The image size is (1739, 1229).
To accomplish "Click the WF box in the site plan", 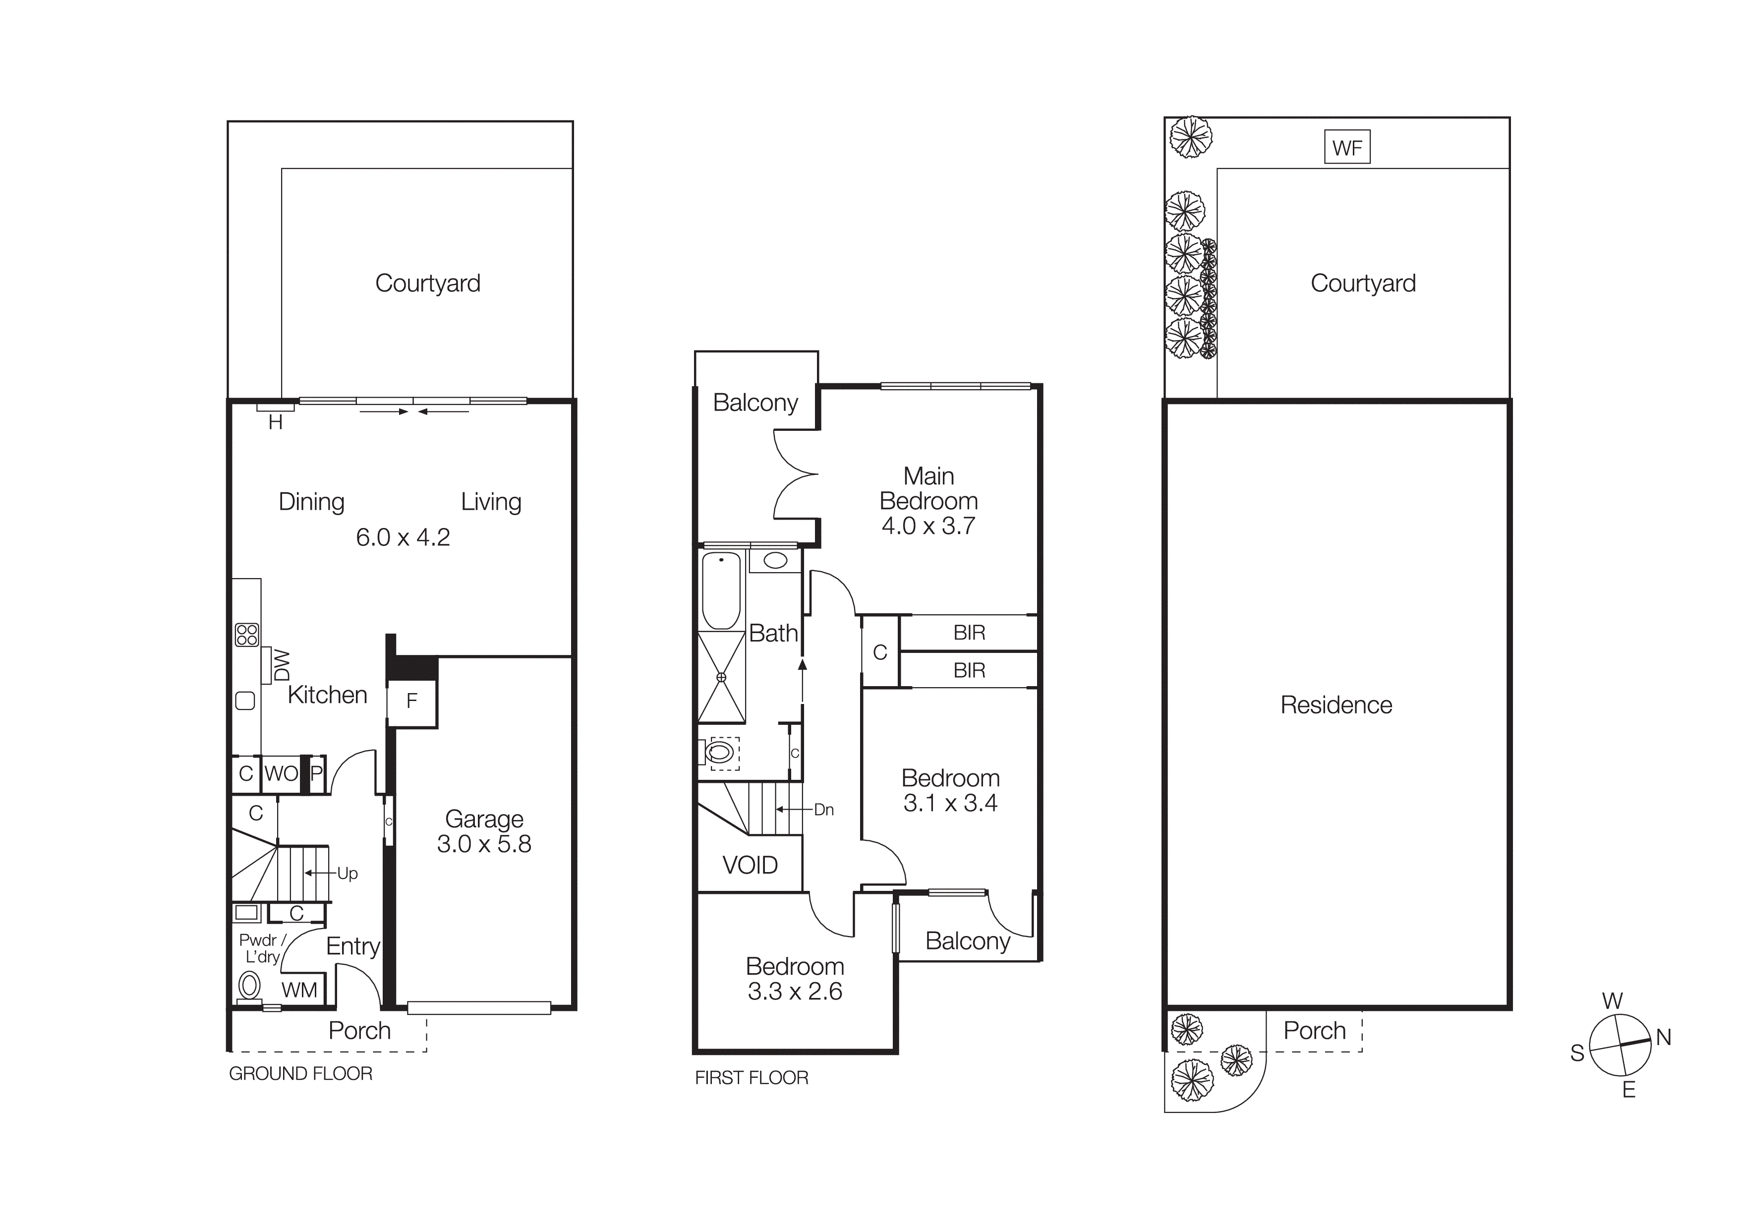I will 1347,148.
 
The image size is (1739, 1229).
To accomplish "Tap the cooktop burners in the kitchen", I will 247,635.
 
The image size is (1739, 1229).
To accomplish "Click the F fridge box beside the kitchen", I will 412,701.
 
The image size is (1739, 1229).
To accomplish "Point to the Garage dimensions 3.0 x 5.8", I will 484,844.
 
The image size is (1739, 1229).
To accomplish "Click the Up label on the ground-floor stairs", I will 347,873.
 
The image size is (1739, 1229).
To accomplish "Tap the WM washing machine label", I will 299,990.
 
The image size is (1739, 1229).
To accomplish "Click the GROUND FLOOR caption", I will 301,1074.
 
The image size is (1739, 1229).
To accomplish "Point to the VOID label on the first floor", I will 750,865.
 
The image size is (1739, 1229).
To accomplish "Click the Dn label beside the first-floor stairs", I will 823,810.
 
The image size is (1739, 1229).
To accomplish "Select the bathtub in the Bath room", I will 721,590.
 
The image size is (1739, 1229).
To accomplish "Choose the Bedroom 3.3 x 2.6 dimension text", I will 795,991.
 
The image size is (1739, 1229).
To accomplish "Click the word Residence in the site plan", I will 1336,705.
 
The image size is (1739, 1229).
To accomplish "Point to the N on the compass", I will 1663,1038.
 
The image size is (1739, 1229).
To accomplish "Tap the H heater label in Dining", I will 276,422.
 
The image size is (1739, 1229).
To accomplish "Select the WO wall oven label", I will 281,774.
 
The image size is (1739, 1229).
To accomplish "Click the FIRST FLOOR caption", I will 752,1078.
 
